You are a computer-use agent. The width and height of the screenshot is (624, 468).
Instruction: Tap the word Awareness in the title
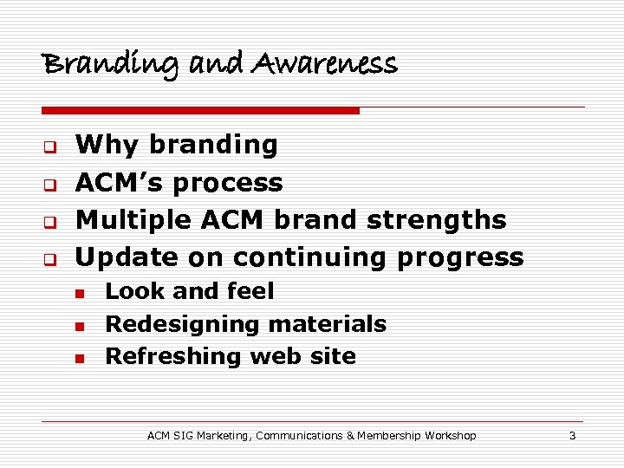coord(325,63)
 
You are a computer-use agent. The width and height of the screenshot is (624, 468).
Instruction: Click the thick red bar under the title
coord(200,111)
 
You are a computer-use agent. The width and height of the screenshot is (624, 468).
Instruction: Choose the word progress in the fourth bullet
coord(467,258)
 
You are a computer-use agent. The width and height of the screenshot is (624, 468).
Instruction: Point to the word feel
coord(249,291)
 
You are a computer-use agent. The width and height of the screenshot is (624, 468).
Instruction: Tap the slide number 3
coord(572,436)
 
